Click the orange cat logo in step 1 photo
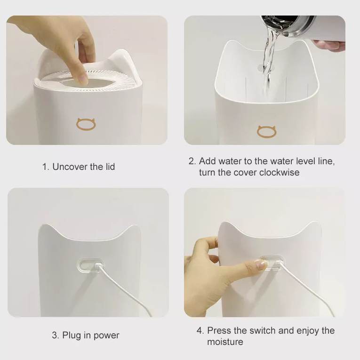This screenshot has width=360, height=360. (86, 124)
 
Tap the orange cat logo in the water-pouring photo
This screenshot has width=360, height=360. (266, 131)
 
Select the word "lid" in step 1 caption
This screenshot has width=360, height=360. (110, 167)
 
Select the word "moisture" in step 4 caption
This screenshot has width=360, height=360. (225, 342)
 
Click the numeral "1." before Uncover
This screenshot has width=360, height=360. (46, 167)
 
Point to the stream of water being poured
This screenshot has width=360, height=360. (268, 62)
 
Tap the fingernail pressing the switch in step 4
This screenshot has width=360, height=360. (261, 264)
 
